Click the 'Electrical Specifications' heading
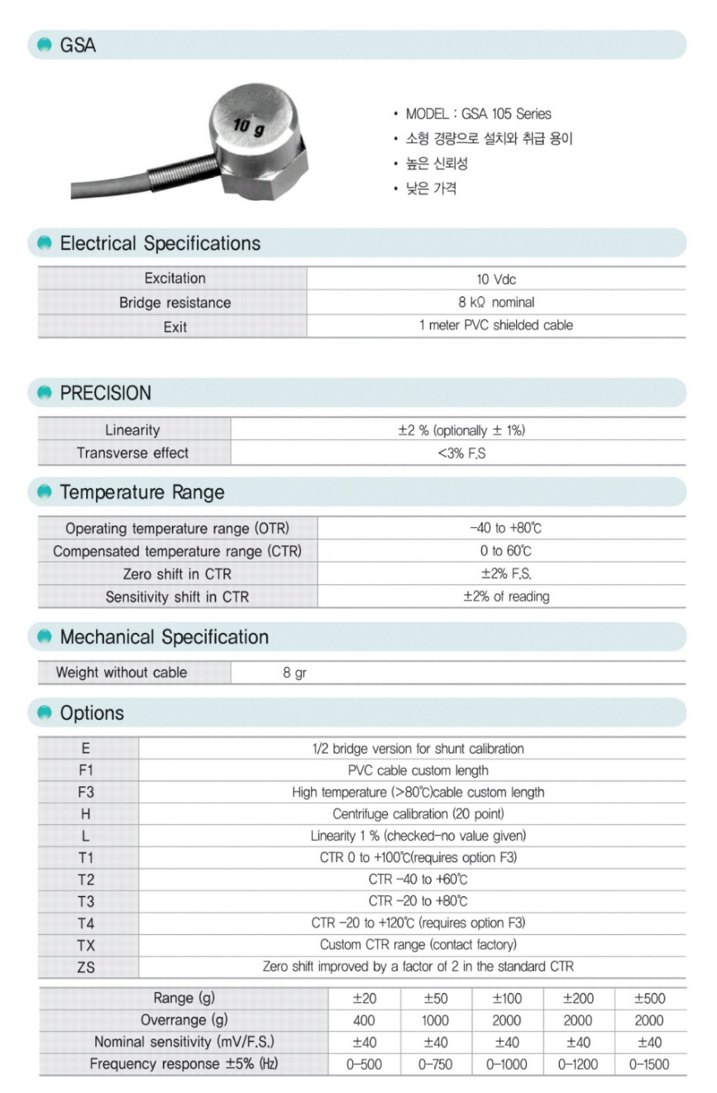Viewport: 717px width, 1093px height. [160, 243]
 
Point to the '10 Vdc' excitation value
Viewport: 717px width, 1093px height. [496, 280]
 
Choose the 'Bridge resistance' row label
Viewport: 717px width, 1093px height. [174, 303]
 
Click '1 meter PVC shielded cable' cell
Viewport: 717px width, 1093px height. [496, 325]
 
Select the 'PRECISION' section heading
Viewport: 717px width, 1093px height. [105, 393]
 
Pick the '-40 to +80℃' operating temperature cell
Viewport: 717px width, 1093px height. [500, 528]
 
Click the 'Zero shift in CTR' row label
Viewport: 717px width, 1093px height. [177, 573]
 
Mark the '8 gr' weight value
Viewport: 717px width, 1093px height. [294, 673]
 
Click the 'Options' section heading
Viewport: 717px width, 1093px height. [92, 713]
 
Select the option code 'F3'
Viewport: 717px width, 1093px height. [86, 792]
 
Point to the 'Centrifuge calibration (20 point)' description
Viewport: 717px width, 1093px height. [418, 814]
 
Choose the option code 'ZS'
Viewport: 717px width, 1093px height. [86, 966]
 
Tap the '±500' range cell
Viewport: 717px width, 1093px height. [649, 999]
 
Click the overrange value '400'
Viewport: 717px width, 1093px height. [364, 1020]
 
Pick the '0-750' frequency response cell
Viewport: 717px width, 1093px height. [435, 1064]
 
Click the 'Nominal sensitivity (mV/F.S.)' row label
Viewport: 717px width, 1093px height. [184, 1042]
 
